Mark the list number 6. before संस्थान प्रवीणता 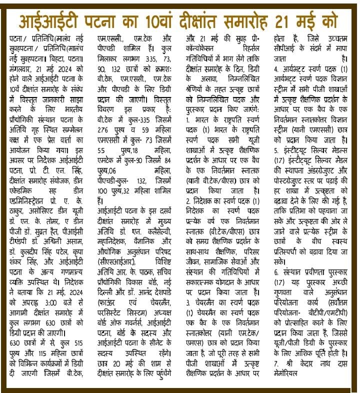point(276,272)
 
